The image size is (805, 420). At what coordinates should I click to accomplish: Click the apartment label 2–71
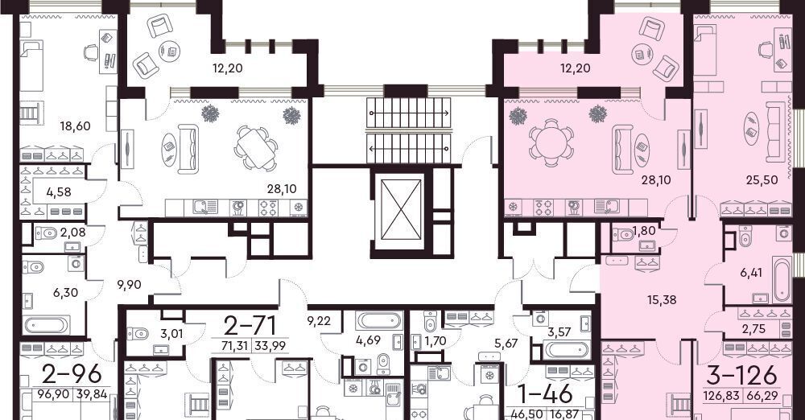[x=250, y=325]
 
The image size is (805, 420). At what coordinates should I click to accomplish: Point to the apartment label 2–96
[x=72, y=374]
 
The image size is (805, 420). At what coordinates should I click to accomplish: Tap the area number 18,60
[x=75, y=126]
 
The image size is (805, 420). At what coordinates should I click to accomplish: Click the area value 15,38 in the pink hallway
[x=662, y=299]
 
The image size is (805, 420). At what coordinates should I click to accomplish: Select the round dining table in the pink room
[x=550, y=142]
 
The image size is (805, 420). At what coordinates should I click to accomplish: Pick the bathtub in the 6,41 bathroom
[x=781, y=280]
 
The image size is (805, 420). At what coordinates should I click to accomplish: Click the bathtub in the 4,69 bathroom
[x=378, y=321]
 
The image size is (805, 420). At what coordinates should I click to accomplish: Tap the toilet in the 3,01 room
[x=138, y=334]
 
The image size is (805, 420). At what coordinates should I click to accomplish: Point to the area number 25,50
[x=762, y=179]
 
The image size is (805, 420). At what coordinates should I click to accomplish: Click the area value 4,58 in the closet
[x=59, y=192]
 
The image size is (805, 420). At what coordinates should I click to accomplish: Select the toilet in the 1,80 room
[x=624, y=234]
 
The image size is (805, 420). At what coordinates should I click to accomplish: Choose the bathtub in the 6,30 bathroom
[x=46, y=324]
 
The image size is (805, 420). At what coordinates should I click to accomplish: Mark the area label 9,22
[x=319, y=321]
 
